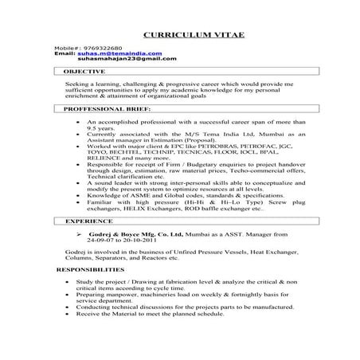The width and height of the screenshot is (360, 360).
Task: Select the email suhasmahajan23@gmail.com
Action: [x=127, y=59]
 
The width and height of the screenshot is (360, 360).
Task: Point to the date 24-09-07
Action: [x=101, y=244]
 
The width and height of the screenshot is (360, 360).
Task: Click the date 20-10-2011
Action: [x=150, y=244]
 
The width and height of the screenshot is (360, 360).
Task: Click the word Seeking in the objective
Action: [x=79, y=83]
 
